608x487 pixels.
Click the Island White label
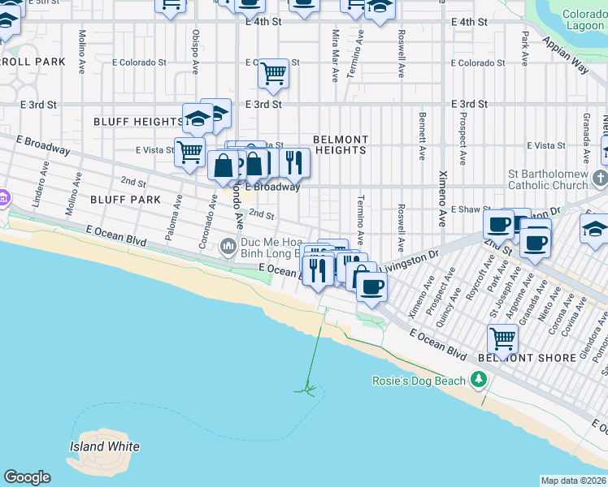(x=103, y=446)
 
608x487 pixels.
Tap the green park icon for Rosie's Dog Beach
(x=480, y=380)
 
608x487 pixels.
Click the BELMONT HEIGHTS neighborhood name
(x=341, y=144)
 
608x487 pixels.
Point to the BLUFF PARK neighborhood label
(x=125, y=199)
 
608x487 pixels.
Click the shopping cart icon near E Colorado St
(x=274, y=73)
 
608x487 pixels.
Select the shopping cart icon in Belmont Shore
(x=502, y=336)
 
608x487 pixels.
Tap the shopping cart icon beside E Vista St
(x=189, y=151)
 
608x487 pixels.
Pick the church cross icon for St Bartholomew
(x=600, y=177)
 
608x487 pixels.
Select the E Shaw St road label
(x=467, y=209)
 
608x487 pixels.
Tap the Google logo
(x=27, y=477)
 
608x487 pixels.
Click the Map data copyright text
(x=573, y=481)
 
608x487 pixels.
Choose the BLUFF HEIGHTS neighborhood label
(x=138, y=122)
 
